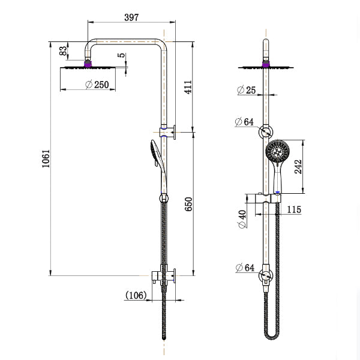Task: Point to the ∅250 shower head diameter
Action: tap(97, 85)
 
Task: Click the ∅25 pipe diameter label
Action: tap(246, 90)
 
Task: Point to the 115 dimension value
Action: tap(294, 209)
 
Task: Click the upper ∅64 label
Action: tap(246, 122)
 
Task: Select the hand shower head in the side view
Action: tap(154, 152)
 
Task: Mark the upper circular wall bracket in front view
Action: tap(266, 133)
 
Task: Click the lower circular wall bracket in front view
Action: tap(265, 277)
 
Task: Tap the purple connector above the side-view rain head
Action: tap(89, 61)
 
